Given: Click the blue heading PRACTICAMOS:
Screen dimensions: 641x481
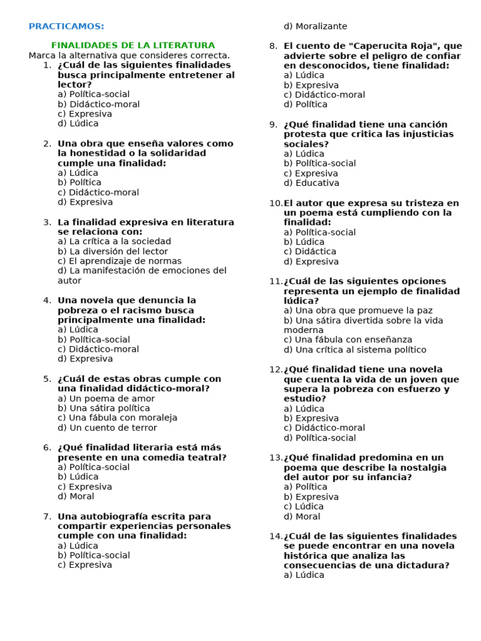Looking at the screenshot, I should tap(66, 26).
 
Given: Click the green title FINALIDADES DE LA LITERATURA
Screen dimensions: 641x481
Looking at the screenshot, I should tap(133, 46).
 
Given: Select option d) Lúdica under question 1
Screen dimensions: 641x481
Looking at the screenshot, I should tap(78, 123).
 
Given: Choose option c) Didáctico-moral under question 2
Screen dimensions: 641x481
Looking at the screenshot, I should tap(98, 192).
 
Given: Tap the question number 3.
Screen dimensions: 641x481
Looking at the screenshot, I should tap(47, 222).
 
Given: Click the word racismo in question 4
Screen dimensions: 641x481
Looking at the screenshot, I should tap(145, 310).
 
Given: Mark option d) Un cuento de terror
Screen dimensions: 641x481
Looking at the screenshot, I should tap(107, 428).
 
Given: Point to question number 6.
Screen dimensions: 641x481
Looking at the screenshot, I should tap(47, 448).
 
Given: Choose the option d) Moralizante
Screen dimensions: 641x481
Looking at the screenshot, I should tap(315, 26).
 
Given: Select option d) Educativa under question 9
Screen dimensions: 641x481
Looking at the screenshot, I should tap(311, 183).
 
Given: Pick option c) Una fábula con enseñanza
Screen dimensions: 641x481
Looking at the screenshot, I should tap(348, 340).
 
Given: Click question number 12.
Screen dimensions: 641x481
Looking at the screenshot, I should tap(276, 369).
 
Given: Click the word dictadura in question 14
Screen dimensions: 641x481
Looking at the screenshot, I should tap(423, 565).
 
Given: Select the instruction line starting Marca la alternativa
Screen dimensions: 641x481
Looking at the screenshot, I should tap(129, 55).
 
